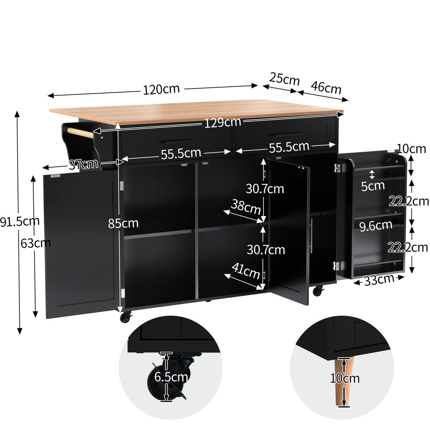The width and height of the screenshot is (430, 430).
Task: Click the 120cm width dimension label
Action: point(161,89)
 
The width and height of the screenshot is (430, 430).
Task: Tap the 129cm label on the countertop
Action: point(223,123)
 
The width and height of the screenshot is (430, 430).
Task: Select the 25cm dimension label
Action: point(285,79)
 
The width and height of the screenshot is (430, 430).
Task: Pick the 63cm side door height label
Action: point(35,243)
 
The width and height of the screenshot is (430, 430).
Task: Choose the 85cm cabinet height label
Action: point(123,223)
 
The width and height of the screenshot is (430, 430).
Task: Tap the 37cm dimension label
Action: point(83,164)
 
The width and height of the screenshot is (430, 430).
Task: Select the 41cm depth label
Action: point(246,271)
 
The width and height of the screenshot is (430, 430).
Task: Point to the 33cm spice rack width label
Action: point(379,280)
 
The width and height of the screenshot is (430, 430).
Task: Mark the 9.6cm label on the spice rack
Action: point(376,226)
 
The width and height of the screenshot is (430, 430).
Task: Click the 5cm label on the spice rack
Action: point(373,186)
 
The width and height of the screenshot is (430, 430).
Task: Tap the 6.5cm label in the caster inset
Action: point(171,377)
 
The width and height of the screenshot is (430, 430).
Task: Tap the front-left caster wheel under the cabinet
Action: point(126,317)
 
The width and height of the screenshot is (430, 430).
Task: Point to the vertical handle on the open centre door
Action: point(312,235)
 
